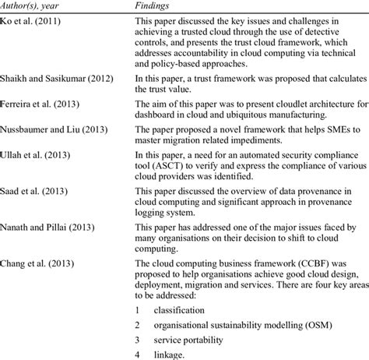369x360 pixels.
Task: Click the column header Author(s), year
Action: pos(37,7)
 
